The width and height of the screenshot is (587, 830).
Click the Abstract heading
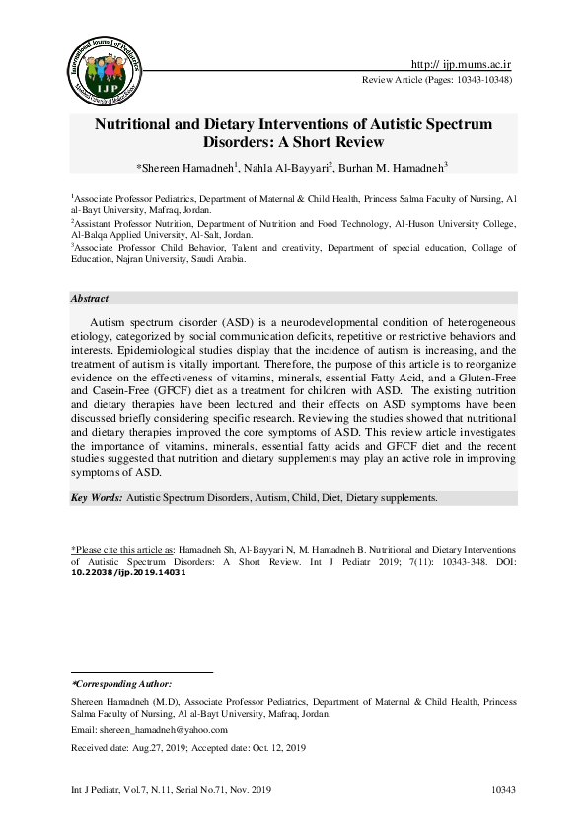(x=90, y=299)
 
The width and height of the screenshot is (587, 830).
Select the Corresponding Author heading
(x=122, y=682)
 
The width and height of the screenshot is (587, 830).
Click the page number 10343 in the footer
(x=504, y=791)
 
